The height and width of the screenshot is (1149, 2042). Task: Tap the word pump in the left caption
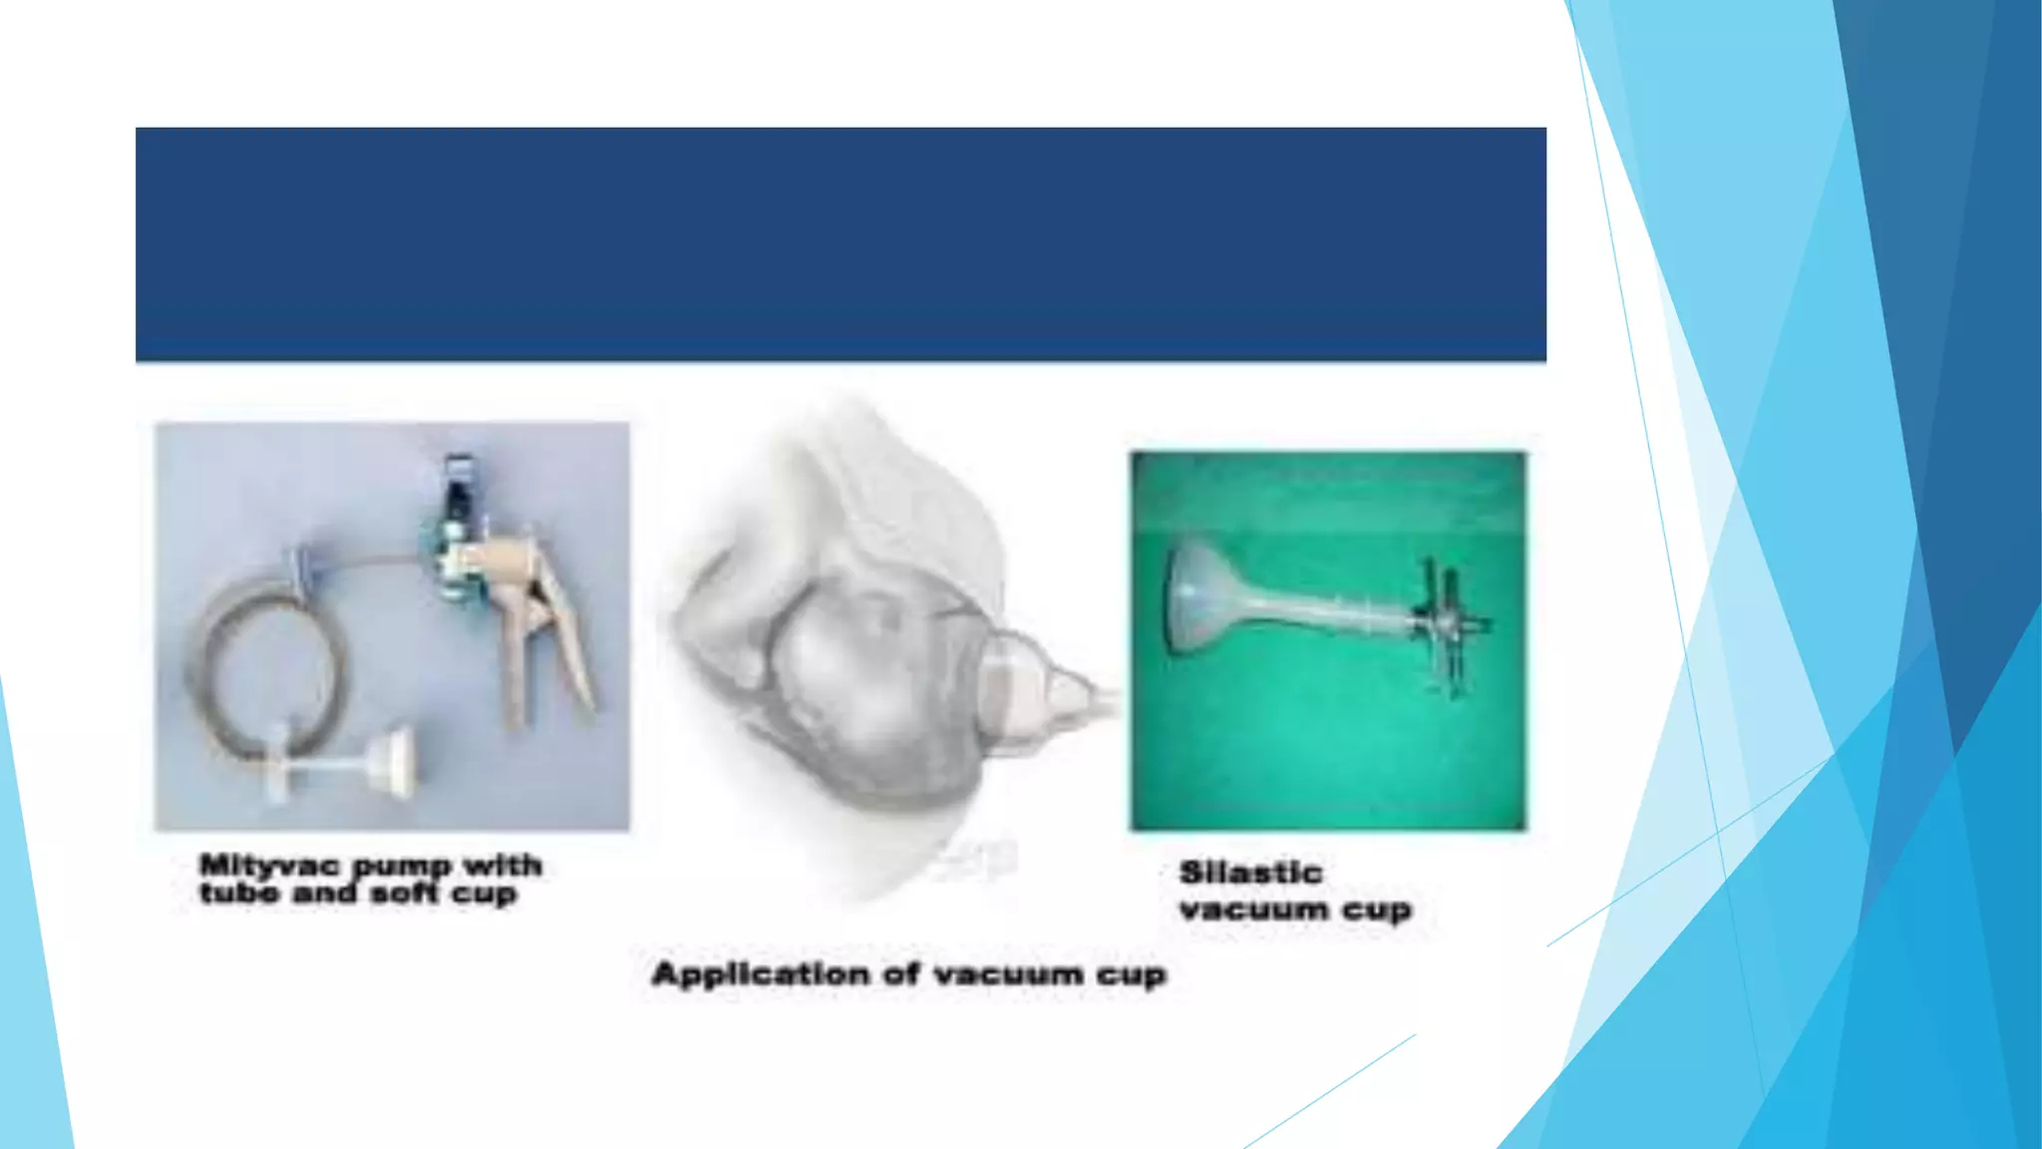(x=400, y=866)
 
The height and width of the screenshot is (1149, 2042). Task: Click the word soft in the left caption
(x=405, y=893)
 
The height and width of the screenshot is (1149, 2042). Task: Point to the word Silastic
(x=1250, y=873)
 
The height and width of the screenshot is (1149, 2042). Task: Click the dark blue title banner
(x=841, y=243)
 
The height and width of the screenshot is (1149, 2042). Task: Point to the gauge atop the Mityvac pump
(x=459, y=484)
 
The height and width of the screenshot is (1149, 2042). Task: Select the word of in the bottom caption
(x=901, y=973)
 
